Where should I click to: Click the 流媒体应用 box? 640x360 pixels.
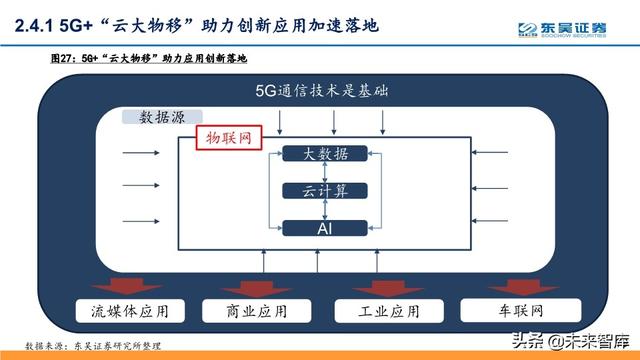click(x=123, y=311)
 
